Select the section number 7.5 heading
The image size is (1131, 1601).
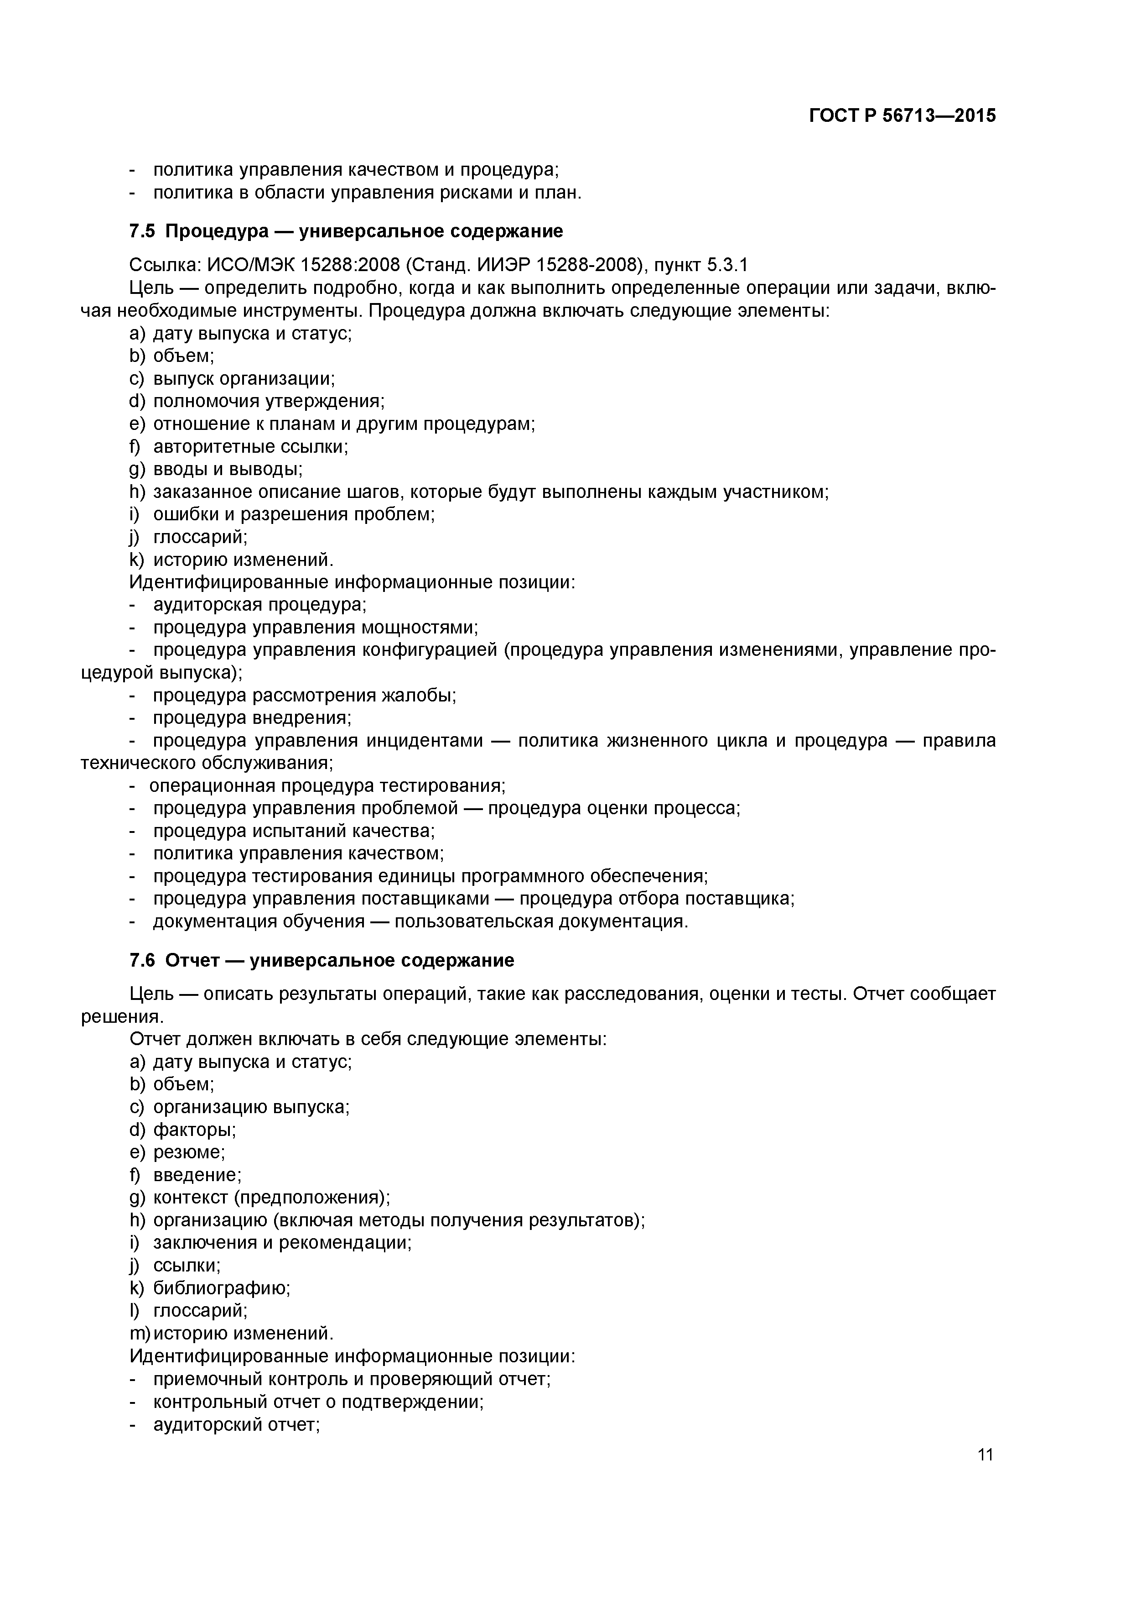click(x=141, y=231)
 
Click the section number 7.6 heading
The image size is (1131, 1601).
click(x=141, y=960)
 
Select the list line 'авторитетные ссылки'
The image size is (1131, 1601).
click(x=250, y=446)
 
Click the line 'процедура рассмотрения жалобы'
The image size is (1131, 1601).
click(x=305, y=695)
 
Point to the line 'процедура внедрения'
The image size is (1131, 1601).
click(x=252, y=717)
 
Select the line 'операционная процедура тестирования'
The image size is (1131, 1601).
click(x=327, y=786)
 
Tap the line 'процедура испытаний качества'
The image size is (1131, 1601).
click(x=293, y=831)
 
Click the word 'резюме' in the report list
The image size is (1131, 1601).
click(x=188, y=1152)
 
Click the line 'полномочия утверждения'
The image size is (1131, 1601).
click(x=268, y=401)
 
